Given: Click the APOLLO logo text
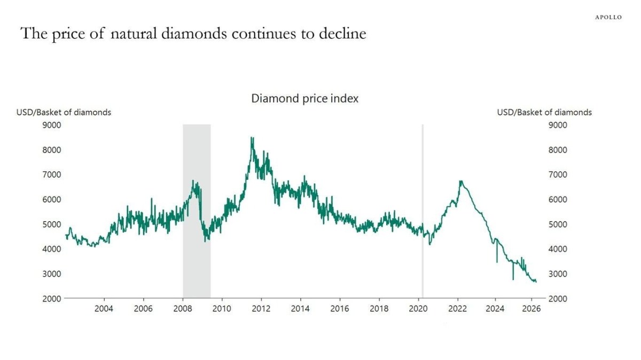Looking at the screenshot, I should [x=608, y=17].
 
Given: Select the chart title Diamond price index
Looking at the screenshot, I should [x=305, y=99].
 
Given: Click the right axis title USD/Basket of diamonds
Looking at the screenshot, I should [x=544, y=112].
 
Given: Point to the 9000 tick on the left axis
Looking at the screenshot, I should [x=52, y=125].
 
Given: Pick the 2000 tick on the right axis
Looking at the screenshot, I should [x=558, y=299].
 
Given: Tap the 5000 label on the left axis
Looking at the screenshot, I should [x=52, y=224].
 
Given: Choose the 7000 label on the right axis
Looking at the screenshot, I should [x=558, y=175].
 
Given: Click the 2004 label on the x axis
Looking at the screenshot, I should [x=104, y=309].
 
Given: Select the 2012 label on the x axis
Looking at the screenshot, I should [x=261, y=309].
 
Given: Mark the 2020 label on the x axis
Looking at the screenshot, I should [x=418, y=309].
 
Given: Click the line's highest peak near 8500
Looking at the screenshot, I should [x=252, y=138].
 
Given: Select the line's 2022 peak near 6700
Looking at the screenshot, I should [x=460, y=182].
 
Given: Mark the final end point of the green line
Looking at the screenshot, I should [x=536, y=281].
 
